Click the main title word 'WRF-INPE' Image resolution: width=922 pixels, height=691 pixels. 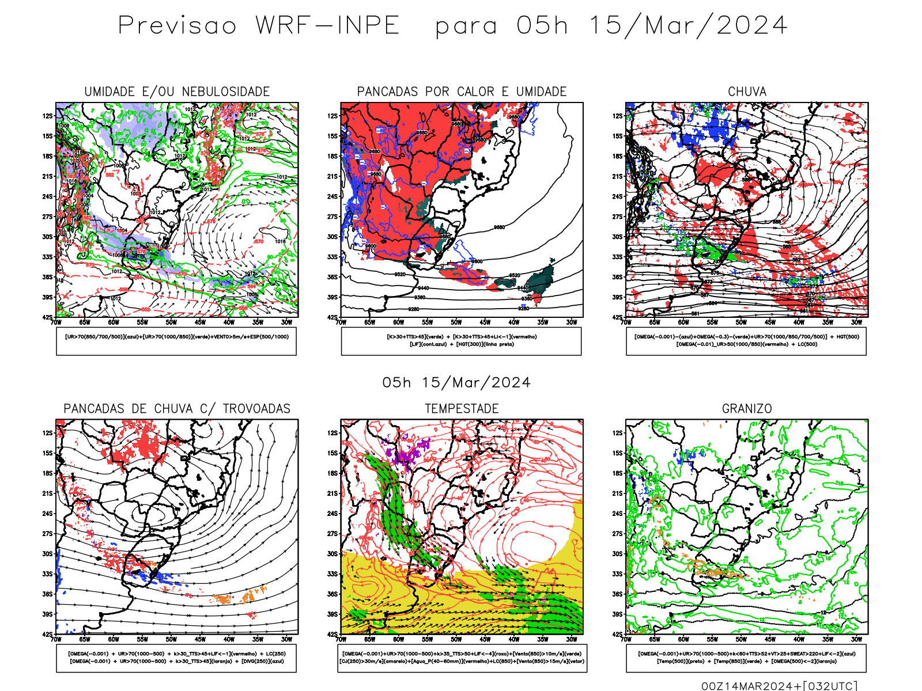(327, 26)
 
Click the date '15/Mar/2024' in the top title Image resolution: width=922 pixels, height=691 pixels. (687, 26)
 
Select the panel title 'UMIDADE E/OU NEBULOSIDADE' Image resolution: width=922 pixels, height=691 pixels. (177, 92)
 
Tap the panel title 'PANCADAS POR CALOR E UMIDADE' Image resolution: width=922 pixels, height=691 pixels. (462, 92)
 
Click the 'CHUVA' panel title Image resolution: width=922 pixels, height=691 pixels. (747, 92)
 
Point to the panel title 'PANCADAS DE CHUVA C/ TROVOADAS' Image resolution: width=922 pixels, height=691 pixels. (177, 409)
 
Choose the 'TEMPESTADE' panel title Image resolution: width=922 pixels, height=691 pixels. (462, 409)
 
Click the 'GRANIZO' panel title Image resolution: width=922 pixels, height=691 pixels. (747, 409)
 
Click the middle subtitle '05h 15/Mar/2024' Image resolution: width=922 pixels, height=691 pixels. (456, 383)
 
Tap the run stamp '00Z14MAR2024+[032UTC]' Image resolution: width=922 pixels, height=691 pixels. (779, 686)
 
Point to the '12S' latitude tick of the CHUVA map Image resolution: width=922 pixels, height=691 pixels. (617, 116)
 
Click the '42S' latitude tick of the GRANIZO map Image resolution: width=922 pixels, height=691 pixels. (617, 635)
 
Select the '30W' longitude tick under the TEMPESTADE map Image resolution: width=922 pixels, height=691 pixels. (571, 639)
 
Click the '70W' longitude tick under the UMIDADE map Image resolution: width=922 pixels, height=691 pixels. (56, 322)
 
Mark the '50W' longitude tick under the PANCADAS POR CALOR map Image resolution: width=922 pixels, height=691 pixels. (456, 322)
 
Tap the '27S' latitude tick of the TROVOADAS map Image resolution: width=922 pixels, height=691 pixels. (47, 534)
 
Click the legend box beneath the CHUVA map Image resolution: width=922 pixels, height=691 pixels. (746, 341)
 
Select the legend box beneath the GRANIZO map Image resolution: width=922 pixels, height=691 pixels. (746, 658)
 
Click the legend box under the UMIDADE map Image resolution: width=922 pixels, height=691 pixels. (176, 341)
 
